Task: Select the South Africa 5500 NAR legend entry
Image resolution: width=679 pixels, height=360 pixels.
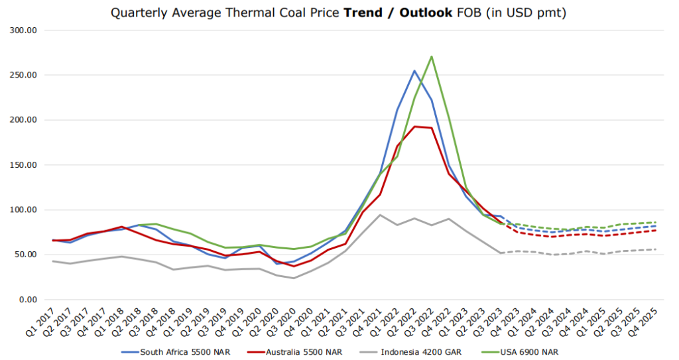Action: pos(175,351)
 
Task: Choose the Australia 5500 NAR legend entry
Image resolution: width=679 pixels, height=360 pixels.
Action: pos(296,351)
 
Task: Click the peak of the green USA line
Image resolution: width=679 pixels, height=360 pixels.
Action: pos(432,56)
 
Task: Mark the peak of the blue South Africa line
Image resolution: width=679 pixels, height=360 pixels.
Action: pos(414,71)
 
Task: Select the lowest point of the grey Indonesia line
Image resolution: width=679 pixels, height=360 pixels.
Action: pos(293,278)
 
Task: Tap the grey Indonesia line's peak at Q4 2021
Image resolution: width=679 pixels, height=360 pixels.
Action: pos(379,215)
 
